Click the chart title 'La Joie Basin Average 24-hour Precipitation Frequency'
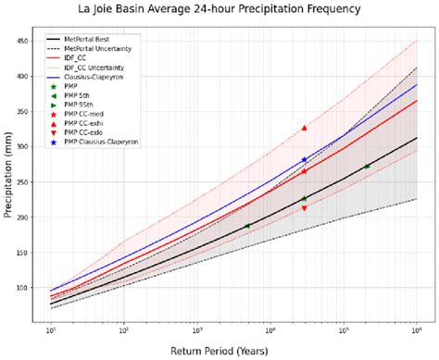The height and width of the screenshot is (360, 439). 219,11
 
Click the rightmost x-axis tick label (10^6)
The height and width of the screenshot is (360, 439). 416,330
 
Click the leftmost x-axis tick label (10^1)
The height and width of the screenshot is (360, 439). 51,330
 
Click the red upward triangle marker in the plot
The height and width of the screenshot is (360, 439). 304,128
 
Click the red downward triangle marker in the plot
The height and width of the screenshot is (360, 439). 304,208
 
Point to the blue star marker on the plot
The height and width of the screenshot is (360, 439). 304,160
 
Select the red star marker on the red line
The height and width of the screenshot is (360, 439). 304,171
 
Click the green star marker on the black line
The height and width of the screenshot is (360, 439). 304,199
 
